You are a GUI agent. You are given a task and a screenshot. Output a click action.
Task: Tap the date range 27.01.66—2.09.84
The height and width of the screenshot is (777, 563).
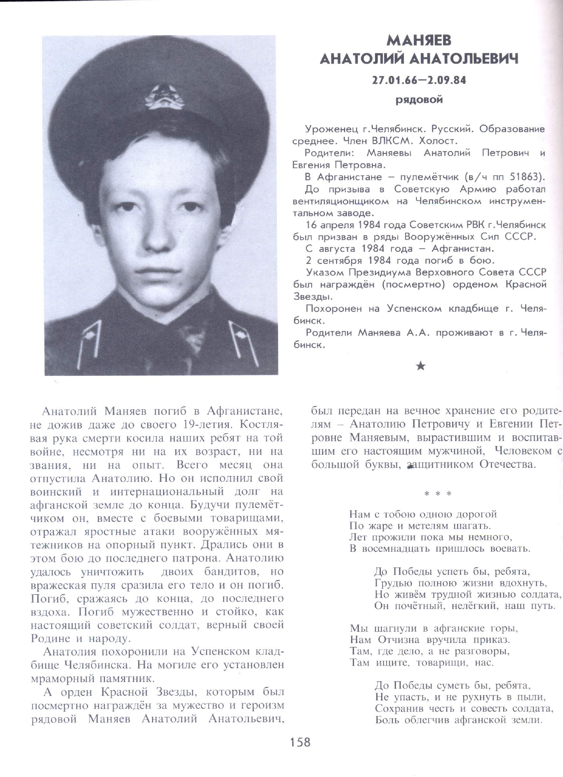point(419,81)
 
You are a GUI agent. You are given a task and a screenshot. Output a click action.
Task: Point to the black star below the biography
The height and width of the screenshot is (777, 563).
point(421,366)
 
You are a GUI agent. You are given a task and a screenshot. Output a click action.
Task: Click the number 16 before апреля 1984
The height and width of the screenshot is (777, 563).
point(312,225)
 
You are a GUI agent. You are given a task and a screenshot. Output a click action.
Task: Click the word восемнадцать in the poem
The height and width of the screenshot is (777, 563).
point(396,548)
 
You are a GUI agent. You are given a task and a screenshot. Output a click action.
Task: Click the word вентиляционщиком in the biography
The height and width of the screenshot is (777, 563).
point(341,201)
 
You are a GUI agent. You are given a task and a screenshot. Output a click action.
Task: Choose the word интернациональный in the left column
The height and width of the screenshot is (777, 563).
point(167,492)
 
